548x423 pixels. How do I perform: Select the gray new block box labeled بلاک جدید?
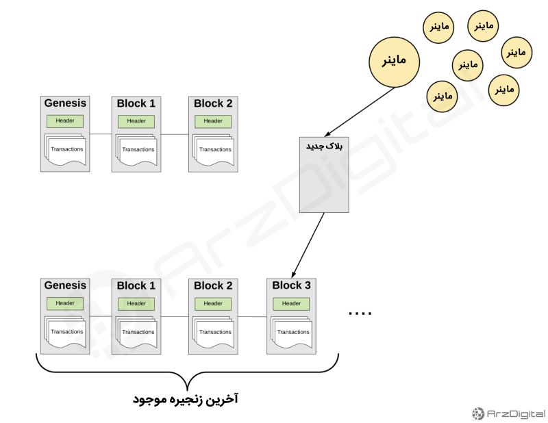click(325, 174)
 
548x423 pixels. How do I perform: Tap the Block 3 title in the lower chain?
click(291, 285)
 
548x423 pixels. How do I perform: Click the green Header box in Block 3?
click(291, 303)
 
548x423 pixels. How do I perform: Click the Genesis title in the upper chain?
click(65, 103)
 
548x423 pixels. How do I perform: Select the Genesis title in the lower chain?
click(65, 285)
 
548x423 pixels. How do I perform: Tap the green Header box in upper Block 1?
click(136, 121)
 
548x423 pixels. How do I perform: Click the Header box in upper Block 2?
click(213, 121)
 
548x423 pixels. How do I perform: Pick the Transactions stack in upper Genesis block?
click(66, 149)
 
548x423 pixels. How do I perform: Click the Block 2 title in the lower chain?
click(213, 285)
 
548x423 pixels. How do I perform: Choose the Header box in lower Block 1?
click(136, 303)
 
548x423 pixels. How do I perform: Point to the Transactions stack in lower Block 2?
click(214, 331)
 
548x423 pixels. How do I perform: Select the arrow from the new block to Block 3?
click(308, 244)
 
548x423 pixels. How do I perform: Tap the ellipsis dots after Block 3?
click(360, 313)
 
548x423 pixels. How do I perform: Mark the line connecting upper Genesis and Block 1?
click(100, 134)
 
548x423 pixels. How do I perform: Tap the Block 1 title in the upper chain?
click(136, 103)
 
